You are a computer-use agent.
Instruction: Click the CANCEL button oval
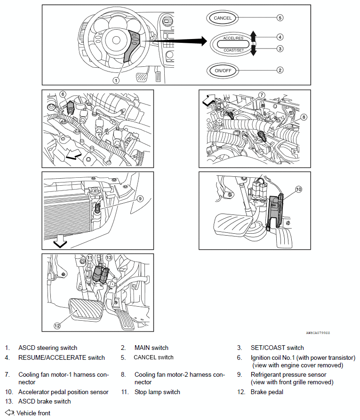pos(223,18)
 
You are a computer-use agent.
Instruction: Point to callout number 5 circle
pos(280,18)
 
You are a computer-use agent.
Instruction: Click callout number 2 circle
pos(280,70)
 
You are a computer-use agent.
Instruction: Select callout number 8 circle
pos(304,117)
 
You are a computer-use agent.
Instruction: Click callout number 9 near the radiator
pos(140,198)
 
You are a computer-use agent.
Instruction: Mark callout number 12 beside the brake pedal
pos(57,325)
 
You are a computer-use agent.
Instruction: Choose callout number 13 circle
pos(109,258)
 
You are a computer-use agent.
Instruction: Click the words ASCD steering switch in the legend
pos(48,348)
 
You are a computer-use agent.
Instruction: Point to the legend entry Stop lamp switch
pos(157,392)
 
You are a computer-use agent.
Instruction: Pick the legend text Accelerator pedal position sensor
pos(64,392)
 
